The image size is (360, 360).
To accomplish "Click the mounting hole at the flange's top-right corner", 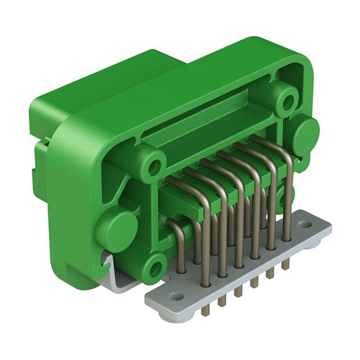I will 287,102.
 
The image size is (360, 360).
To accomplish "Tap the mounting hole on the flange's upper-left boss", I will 153,167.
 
